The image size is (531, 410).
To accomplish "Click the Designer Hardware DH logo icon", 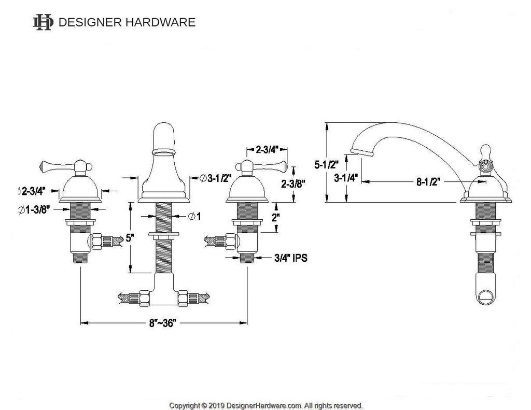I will (x=43, y=22).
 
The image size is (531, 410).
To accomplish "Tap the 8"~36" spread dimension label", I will (x=163, y=323).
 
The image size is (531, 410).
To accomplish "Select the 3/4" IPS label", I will (x=290, y=258).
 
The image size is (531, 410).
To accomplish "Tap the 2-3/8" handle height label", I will (x=293, y=183).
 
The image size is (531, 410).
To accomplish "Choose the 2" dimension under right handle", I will (x=275, y=217).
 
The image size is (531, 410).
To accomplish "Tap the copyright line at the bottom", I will (x=266, y=405).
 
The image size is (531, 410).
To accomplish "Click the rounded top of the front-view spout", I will (x=164, y=130).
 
